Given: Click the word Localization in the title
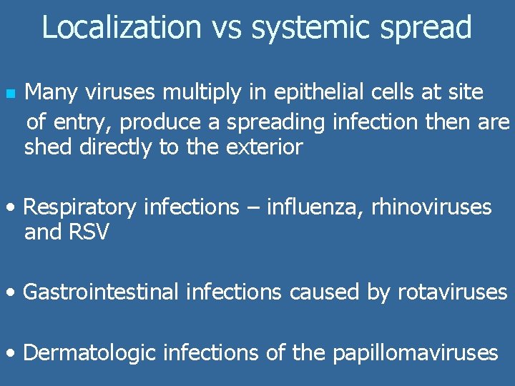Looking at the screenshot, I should click(122, 27).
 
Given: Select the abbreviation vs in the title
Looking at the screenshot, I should click(226, 28).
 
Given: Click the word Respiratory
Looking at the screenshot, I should click(80, 208).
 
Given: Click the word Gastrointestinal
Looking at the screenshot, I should click(101, 292).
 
